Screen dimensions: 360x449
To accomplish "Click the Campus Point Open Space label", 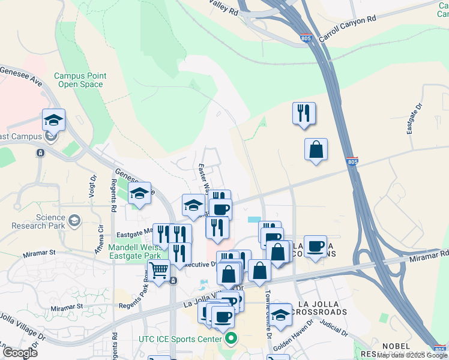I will point(80,80).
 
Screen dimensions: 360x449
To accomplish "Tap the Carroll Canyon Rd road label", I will point(347,28).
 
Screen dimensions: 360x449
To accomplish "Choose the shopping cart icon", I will point(158,270).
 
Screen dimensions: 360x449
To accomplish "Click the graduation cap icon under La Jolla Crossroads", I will point(280,314).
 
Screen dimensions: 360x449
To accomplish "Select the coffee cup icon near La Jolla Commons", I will point(315,246).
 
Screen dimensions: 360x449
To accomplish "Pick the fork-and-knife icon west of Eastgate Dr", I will point(304,112).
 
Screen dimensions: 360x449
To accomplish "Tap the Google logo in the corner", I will point(20,353).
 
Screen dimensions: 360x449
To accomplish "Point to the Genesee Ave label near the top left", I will point(23,74).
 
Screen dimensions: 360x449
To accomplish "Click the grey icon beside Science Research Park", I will point(74,221).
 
